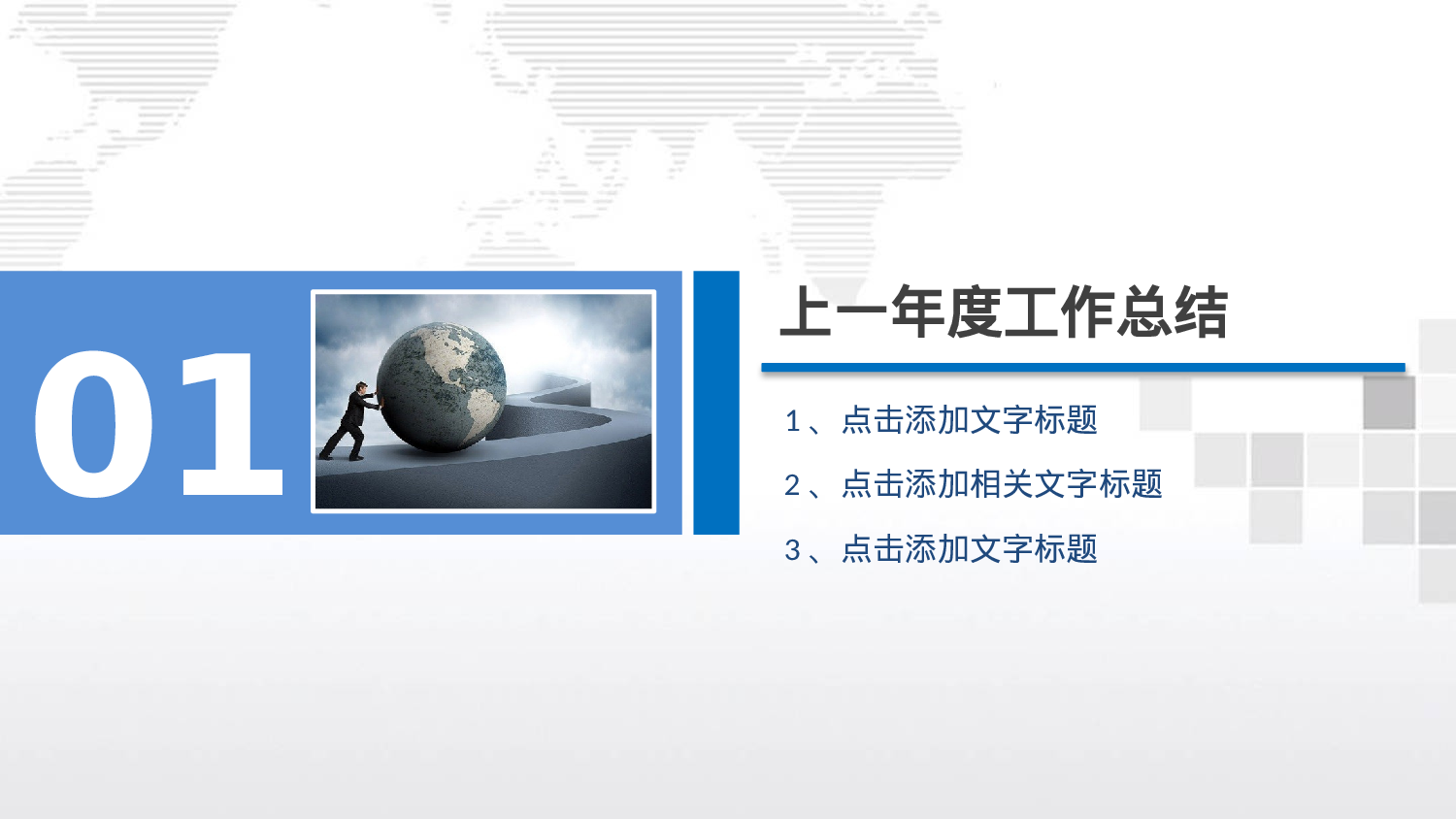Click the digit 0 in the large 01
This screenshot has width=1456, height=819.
94,425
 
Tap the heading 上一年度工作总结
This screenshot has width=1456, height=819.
1004,312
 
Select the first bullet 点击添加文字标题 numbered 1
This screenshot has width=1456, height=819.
969,420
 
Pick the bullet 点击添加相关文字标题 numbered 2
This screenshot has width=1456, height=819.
1001,483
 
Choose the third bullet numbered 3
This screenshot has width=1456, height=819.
969,549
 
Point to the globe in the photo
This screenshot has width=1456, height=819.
442,386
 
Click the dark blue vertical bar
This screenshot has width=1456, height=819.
716,403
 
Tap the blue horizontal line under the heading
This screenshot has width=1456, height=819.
1082,368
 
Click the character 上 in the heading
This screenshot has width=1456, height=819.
807,312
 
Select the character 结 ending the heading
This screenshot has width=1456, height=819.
1201,312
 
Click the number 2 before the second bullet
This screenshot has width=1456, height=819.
792,484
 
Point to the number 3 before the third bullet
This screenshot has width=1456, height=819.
792,550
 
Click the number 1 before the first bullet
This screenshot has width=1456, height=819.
792,421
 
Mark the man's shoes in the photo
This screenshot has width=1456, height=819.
340,454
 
